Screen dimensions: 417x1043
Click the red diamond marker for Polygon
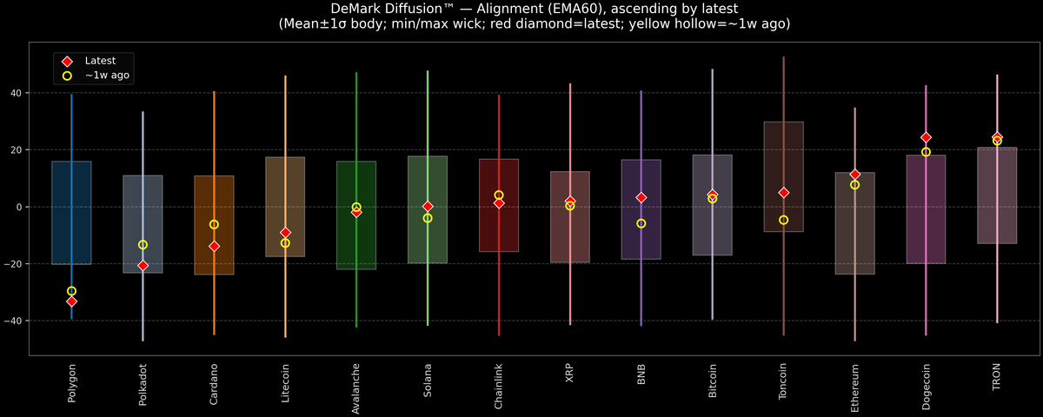click(x=71, y=301)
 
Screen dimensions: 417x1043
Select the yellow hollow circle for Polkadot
click(x=143, y=245)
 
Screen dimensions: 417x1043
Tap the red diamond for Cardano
click(x=214, y=247)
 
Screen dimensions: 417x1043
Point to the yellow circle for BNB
click(x=641, y=223)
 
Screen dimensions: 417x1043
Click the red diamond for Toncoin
click(x=784, y=193)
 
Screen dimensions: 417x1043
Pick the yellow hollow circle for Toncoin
click(x=784, y=220)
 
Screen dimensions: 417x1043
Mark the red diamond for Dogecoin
click(x=926, y=138)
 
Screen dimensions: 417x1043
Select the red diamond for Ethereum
click(x=855, y=175)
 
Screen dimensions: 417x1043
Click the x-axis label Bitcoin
click(x=713, y=387)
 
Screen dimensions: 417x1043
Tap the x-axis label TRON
click(x=997, y=382)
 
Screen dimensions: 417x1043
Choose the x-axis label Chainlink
click(x=499, y=388)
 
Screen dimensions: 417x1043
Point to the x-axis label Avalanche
click(x=356, y=389)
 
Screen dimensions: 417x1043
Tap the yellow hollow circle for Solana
click(x=428, y=218)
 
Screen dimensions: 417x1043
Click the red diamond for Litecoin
click(x=285, y=233)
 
